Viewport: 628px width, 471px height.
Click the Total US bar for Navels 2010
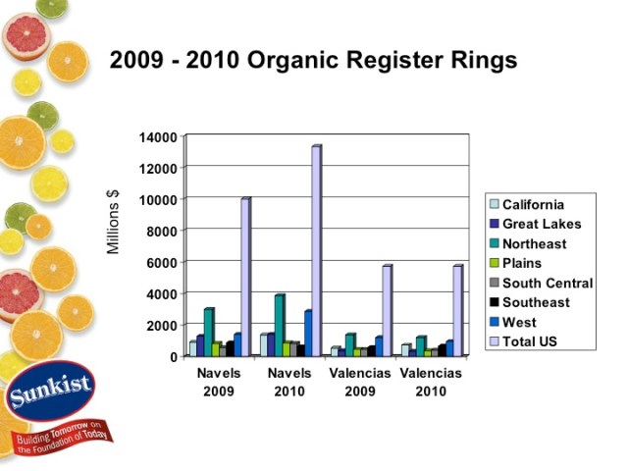(316, 250)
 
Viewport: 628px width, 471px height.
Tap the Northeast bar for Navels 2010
(280, 325)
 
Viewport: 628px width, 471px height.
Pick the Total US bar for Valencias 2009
(387, 310)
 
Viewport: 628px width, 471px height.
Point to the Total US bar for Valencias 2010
(457, 310)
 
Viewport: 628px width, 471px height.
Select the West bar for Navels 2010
(307, 333)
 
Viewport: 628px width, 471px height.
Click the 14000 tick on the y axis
(161, 136)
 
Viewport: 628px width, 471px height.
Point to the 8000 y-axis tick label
(164, 231)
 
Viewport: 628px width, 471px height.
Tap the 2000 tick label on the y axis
(164, 325)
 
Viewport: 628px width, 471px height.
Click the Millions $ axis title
(113, 222)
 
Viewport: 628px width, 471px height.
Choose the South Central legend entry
(548, 283)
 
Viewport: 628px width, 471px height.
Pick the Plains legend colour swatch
(495, 263)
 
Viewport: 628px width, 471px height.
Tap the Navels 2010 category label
(289, 382)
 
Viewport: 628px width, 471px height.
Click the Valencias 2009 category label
(359, 382)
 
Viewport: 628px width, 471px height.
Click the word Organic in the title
(297, 60)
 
